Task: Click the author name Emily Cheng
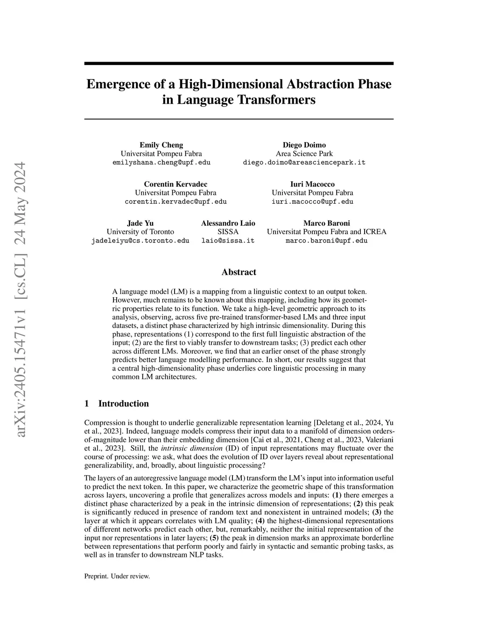[x=161, y=145]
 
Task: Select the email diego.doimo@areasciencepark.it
[x=304, y=163]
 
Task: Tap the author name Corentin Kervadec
[x=176, y=184]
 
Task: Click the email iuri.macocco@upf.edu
[x=312, y=202]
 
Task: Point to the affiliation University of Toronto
[x=140, y=232]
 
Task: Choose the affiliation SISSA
[x=228, y=232]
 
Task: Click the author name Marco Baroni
[x=326, y=223]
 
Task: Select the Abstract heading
[x=239, y=272]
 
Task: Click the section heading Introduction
[x=123, y=404]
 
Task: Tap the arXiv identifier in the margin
[x=21, y=299]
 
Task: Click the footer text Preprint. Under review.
[x=117, y=576]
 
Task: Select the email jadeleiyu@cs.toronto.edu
[x=140, y=241]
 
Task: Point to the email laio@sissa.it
[x=228, y=241]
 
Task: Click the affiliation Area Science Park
[x=304, y=154]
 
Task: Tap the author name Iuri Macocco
[x=312, y=184]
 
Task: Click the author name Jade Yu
[x=140, y=223]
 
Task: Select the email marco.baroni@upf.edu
[x=326, y=241]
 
